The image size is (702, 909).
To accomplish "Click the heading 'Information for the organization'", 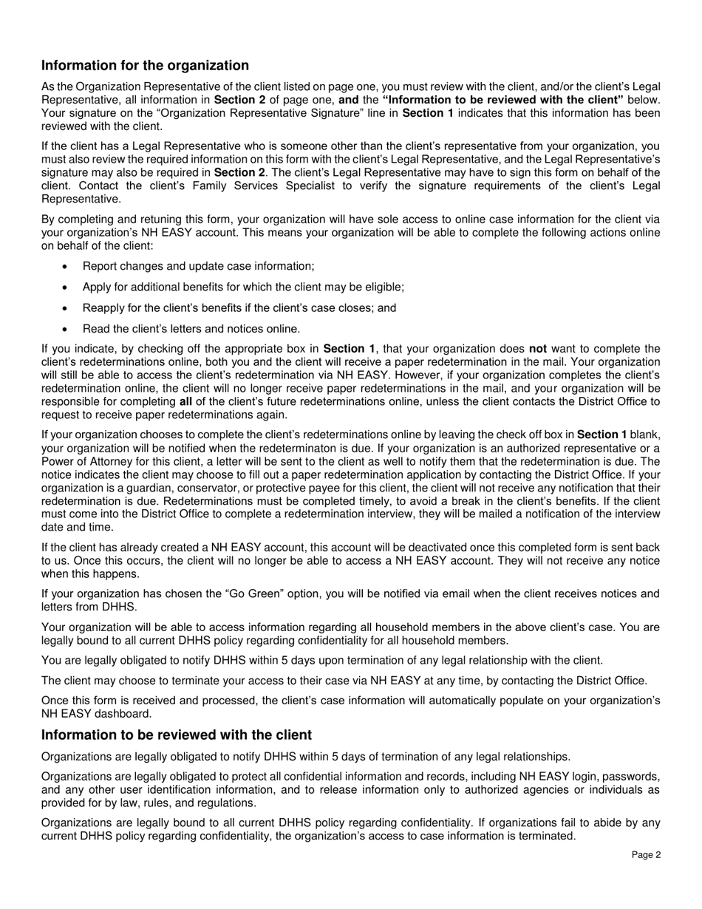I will pyautogui.click(x=145, y=66).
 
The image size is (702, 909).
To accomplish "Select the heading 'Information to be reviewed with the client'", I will pyautogui.click(x=177, y=735).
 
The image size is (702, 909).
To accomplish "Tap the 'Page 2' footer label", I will pyautogui.click(x=646, y=855).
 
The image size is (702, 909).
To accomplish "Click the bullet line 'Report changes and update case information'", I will pyautogui.click(x=198, y=266).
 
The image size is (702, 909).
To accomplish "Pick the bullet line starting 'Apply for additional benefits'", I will pyautogui.click(x=243, y=287).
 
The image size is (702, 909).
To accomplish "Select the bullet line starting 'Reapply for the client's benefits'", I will pyautogui.click(x=239, y=307).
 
